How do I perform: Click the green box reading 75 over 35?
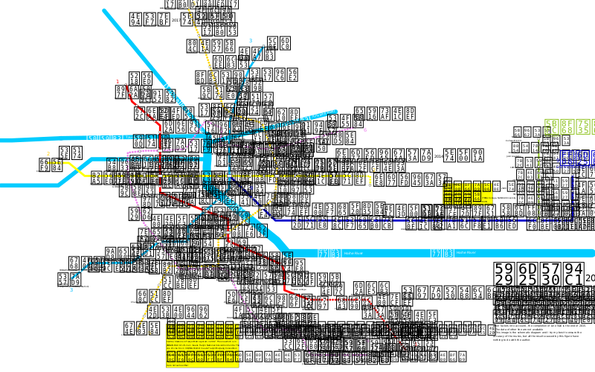click(583, 126)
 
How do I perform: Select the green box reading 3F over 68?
click(567, 126)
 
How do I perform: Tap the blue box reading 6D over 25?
click(583, 158)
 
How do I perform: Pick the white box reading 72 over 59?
click(105, 136)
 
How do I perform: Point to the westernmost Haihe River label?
click(353, 253)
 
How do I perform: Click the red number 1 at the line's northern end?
click(117, 82)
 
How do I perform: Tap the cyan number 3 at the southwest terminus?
click(71, 290)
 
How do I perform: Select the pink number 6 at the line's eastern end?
click(364, 130)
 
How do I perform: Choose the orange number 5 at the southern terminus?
click(149, 333)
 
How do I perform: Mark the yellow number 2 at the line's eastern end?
click(374, 170)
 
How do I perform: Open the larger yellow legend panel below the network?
click(202, 345)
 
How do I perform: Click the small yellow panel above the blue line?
click(467, 193)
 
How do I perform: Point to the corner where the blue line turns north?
click(572, 219)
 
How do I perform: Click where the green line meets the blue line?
click(538, 219)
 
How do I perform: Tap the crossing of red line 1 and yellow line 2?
click(160, 176)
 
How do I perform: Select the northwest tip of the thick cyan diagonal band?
click(105, 11)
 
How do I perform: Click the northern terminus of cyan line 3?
click(263, 46)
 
